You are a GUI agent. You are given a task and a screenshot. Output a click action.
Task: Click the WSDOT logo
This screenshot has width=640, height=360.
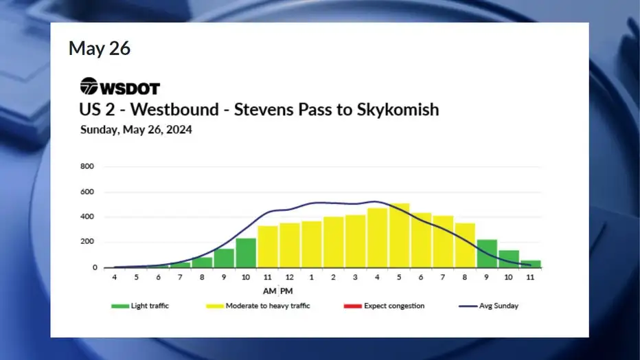click(120, 86)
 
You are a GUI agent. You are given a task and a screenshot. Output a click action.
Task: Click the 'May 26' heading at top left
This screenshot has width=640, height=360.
click(100, 48)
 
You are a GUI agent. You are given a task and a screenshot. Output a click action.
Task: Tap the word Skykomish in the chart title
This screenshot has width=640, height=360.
click(398, 110)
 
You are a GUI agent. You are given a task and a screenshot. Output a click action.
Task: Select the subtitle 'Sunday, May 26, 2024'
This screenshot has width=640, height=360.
click(136, 130)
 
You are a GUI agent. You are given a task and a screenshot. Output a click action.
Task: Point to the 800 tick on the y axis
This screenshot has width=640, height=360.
click(87, 166)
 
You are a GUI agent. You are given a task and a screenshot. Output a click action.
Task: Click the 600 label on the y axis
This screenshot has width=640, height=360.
click(87, 192)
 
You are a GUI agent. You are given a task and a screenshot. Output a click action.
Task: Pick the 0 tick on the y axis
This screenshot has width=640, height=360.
click(95, 267)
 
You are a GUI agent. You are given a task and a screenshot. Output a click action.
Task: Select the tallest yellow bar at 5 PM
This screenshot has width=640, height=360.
click(399, 236)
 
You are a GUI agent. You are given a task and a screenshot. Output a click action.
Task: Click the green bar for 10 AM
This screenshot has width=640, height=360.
click(246, 253)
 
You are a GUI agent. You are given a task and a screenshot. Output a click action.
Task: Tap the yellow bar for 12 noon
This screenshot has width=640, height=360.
click(289, 245)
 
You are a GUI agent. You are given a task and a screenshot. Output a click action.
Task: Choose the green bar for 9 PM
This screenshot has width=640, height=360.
click(487, 254)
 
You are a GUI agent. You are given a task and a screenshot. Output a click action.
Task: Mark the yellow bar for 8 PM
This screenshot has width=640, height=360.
click(465, 245)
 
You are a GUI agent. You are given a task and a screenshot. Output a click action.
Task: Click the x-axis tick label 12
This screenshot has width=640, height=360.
click(289, 277)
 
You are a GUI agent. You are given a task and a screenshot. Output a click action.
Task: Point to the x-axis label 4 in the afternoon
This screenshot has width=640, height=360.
click(377, 277)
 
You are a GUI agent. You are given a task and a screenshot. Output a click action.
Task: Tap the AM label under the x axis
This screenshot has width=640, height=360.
click(269, 291)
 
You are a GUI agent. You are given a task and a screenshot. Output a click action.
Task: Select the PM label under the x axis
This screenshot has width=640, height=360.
click(286, 291)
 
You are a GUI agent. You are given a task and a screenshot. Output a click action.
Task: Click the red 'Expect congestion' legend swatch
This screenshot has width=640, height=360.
click(353, 306)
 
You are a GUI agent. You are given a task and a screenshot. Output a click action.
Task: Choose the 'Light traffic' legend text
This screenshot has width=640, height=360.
click(150, 306)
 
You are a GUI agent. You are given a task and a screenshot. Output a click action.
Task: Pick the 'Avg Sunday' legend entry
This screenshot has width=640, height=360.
click(488, 306)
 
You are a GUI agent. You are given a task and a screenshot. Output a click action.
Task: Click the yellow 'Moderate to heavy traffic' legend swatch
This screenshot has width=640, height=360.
click(215, 306)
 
